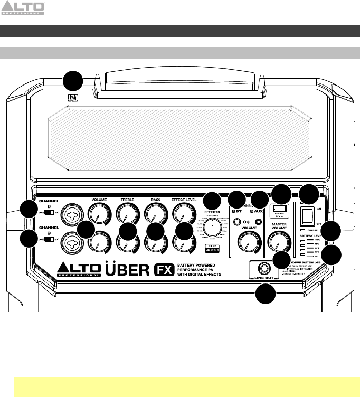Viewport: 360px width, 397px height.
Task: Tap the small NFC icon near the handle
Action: pyautogui.click(x=72, y=97)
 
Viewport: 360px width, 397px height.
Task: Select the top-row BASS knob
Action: pyautogui.click(x=154, y=213)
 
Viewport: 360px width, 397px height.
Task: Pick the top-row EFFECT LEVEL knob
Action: pyautogui.click(x=183, y=213)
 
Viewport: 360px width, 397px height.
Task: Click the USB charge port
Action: pyautogui.click(x=278, y=210)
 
